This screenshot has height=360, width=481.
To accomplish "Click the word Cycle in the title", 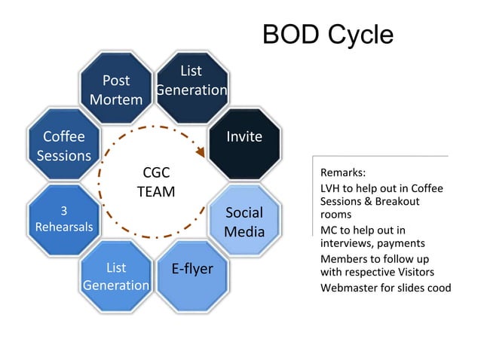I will pos(360,35).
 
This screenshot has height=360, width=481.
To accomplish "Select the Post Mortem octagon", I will pos(116,90).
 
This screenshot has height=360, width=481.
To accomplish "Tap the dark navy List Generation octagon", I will pos(191,81).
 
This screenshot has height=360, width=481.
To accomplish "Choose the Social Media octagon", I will pos(244,221).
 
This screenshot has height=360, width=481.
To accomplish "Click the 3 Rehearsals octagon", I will pos(64,219).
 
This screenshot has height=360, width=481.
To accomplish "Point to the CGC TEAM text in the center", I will pos(156,182).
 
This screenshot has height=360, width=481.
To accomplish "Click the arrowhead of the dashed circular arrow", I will pos(201,152).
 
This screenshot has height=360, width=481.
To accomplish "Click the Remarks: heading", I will pos(343,172).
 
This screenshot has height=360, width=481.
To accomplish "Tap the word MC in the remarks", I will pos(329,230).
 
